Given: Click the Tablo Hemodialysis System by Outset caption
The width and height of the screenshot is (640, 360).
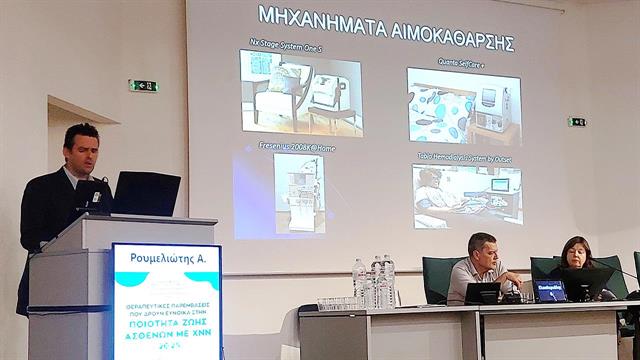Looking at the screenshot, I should pyautogui.click(x=466, y=158).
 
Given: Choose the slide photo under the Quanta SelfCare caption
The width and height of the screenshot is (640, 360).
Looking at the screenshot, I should pyautogui.click(x=464, y=106).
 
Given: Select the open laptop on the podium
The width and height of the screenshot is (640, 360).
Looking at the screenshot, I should pyautogui.click(x=146, y=193).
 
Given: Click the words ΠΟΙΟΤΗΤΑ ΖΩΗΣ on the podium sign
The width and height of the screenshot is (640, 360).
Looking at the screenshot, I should pyautogui.click(x=166, y=323).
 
